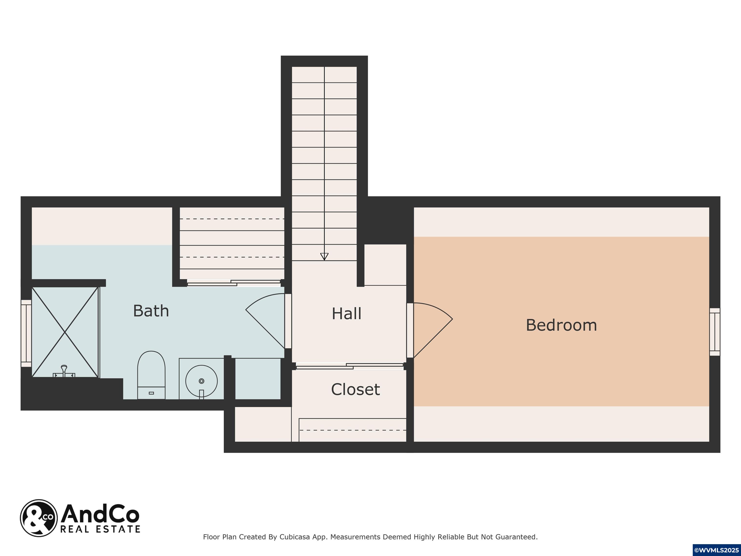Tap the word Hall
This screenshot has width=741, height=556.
(x=346, y=314)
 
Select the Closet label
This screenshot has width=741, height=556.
(x=356, y=389)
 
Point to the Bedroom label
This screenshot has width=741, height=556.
(x=562, y=325)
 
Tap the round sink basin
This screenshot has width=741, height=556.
(x=201, y=381)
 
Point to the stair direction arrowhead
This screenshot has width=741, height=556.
(x=324, y=256)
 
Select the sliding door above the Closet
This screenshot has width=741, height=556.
(x=350, y=366)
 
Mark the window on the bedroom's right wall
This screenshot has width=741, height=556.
(x=714, y=332)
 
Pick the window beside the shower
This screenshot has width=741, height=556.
(x=26, y=334)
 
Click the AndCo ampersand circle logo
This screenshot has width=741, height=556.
(x=39, y=518)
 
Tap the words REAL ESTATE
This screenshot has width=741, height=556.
(x=100, y=529)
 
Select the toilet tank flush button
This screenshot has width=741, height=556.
(x=151, y=393)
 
